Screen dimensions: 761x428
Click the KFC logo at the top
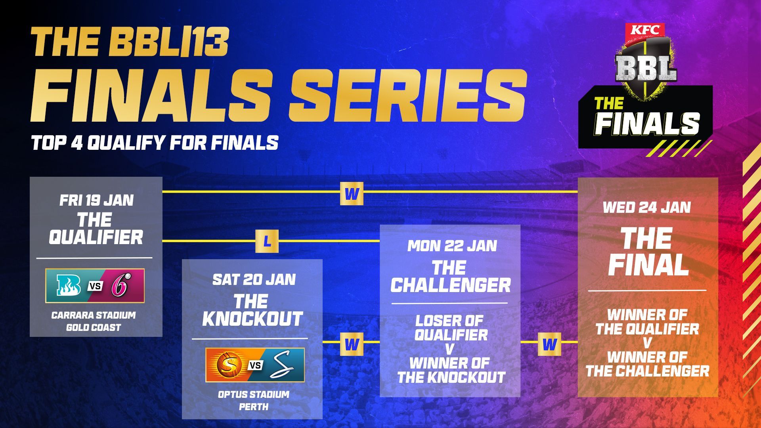click(x=645, y=30)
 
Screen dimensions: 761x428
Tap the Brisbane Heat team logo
click(x=69, y=285)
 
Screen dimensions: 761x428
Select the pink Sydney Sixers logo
click(x=120, y=285)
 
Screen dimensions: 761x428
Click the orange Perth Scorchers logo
click(x=226, y=365)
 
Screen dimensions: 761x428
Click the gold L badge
click(x=267, y=241)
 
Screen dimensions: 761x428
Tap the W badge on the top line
click(x=352, y=194)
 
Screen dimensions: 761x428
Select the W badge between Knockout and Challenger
click(x=352, y=344)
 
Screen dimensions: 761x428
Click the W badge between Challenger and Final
click(x=549, y=344)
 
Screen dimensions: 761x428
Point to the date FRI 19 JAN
click(x=96, y=200)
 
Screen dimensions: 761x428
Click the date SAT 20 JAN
click(x=254, y=279)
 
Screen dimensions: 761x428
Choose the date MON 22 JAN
click(x=452, y=246)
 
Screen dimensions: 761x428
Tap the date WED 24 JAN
click(x=647, y=207)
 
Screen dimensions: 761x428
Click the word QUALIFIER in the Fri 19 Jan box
click(x=96, y=237)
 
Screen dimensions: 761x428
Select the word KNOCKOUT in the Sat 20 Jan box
click(x=252, y=319)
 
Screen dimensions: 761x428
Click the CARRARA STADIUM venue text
click(x=94, y=315)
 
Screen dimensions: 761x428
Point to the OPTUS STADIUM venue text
click(x=254, y=395)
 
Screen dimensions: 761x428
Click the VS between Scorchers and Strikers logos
click(x=256, y=365)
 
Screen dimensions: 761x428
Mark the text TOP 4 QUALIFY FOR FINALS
click(x=155, y=143)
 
